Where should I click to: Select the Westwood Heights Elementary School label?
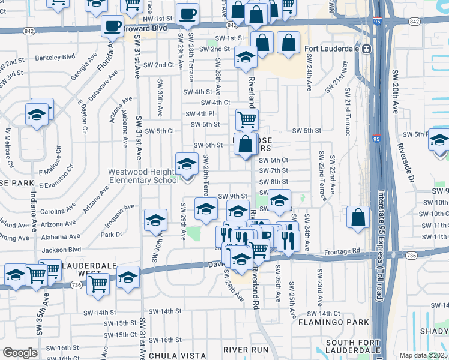coord(143,176)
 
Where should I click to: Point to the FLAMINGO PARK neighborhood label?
coord(333,323)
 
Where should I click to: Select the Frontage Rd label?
coord(343,251)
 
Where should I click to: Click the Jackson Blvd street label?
coord(62,249)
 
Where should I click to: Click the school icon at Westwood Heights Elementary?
coord(187,164)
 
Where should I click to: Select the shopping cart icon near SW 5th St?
coord(247,119)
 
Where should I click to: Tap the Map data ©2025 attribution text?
coord(423,355)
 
